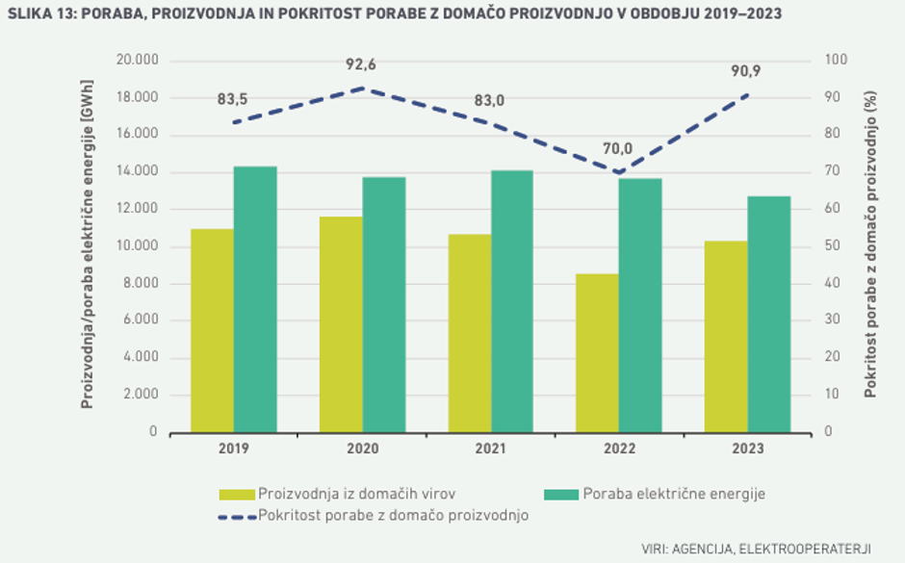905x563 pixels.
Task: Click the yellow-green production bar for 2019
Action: [212, 331]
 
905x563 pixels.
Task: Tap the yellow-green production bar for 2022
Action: [597, 353]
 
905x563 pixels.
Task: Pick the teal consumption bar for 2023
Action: [769, 315]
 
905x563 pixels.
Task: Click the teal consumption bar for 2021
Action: [512, 301]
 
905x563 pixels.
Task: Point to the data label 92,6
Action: [361, 65]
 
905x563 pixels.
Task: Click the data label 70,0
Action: [617, 149]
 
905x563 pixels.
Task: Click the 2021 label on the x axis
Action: [491, 449]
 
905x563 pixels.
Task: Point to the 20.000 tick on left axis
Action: [135, 61]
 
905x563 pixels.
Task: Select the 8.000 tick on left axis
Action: [139, 284]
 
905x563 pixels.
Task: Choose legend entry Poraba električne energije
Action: [673, 495]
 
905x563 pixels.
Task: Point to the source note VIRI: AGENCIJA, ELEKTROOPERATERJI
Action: [756, 549]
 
